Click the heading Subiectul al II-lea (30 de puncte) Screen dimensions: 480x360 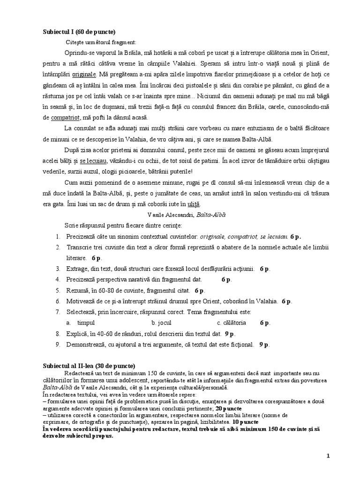click(89, 366)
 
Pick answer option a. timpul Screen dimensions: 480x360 click(82, 322)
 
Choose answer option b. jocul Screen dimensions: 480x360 click(162, 322)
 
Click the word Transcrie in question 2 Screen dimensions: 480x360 click(79, 247)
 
